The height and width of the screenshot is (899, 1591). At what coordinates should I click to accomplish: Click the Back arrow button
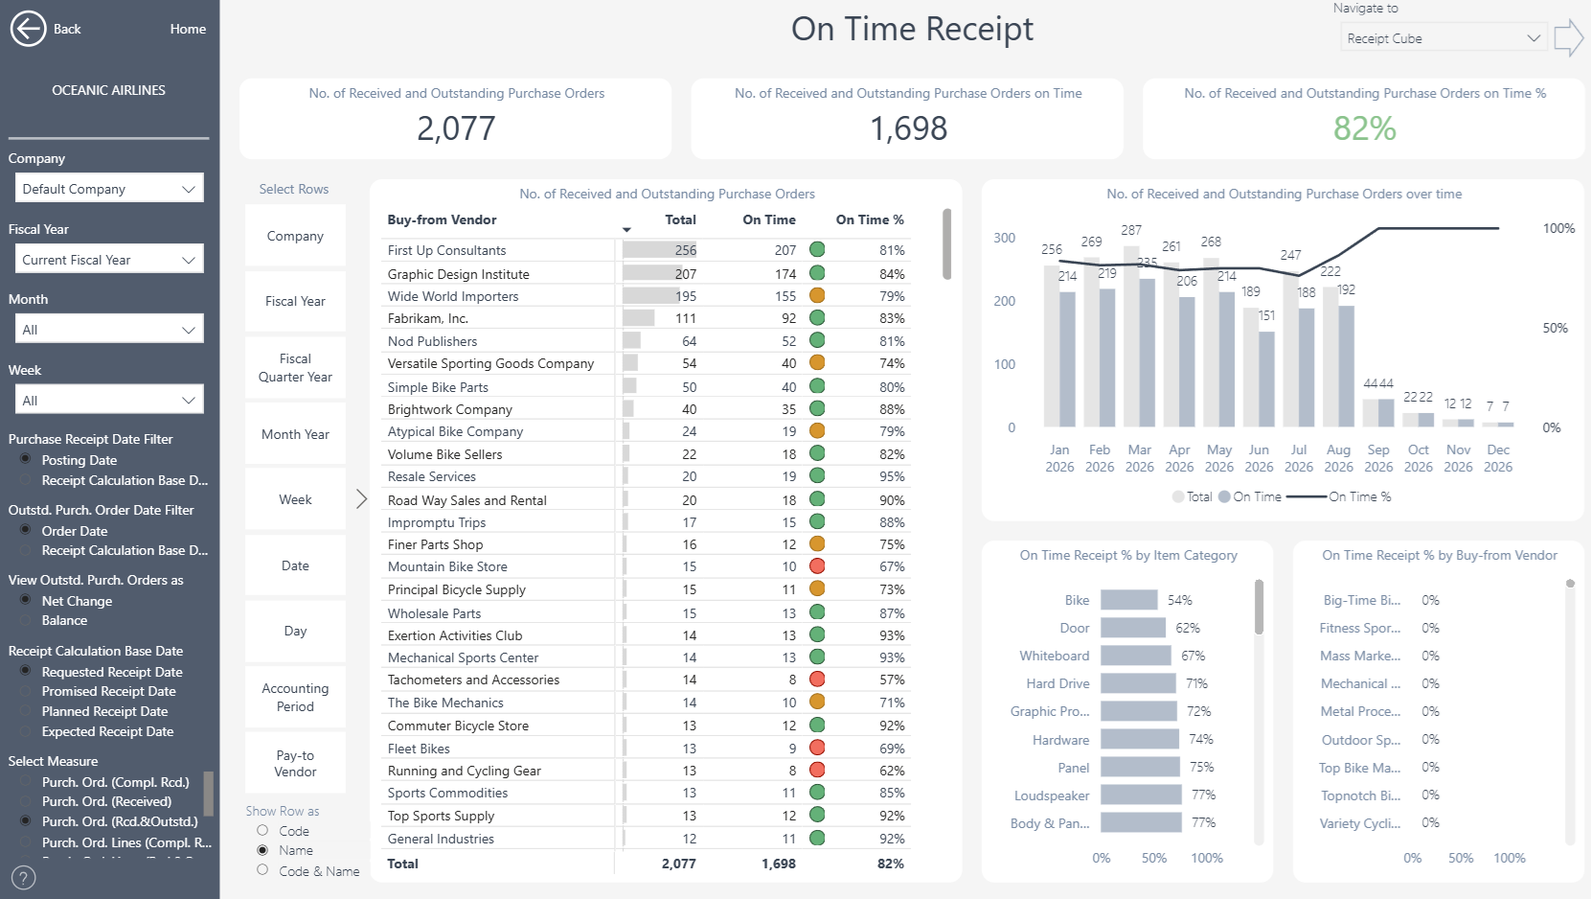29,29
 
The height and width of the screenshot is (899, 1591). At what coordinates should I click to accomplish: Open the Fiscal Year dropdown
109,260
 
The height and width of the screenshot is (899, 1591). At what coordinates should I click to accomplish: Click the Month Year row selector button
295,434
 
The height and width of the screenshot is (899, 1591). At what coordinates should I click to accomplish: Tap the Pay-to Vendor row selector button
295,763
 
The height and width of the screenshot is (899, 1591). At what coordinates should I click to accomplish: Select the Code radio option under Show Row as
262,830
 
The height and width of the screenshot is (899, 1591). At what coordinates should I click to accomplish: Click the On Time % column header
870,219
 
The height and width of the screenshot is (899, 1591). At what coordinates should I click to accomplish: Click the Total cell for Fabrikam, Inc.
686,318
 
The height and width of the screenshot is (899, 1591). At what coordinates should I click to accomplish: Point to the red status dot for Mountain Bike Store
817,566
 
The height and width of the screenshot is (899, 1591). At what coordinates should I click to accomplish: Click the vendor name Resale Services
431,476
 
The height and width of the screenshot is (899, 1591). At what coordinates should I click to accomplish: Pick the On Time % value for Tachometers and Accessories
892,680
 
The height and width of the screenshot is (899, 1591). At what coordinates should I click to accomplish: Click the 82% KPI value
1364,128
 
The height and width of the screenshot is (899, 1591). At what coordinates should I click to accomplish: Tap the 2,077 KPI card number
456,128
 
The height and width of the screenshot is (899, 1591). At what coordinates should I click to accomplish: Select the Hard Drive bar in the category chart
1139,683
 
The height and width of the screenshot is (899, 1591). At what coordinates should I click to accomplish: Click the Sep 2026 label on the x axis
1378,458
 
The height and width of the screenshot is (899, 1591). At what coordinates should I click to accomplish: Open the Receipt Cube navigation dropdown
1443,38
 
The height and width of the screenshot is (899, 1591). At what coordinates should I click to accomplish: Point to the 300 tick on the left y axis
1005,238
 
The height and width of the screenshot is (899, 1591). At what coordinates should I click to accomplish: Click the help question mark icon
23,878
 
